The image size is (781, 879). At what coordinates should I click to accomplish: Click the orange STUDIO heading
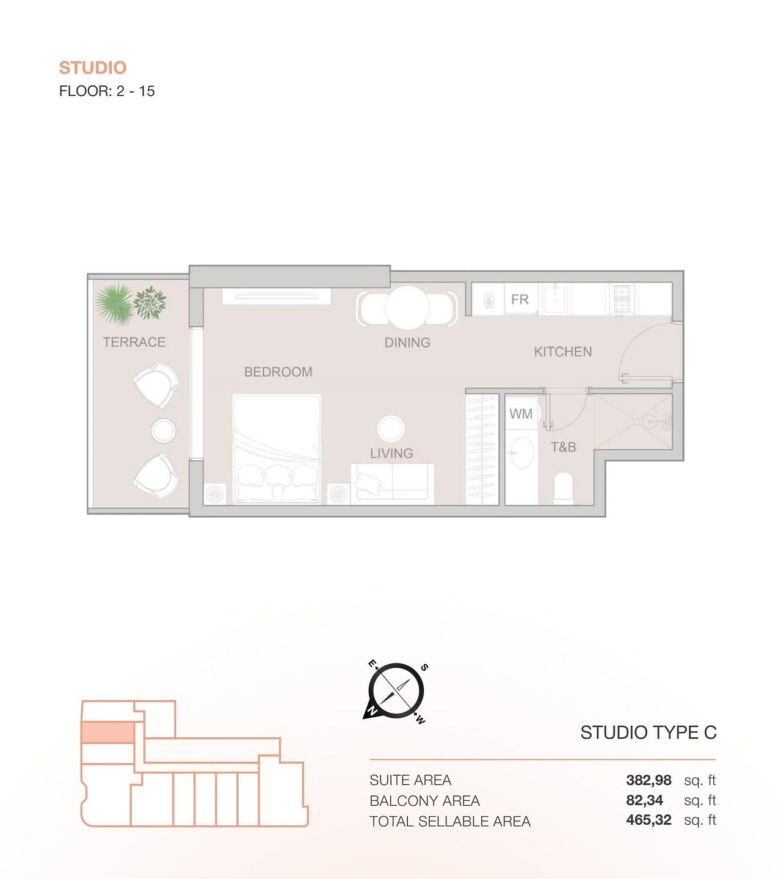pos(93,68)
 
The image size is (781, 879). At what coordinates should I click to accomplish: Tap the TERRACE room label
pos(134,342)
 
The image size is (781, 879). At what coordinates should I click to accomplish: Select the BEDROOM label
pos(278,372)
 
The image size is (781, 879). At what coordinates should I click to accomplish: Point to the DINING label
pos(407,342)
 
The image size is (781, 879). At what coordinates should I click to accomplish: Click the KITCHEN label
pos(563,352)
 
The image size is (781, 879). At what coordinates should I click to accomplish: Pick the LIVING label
pos(391,453)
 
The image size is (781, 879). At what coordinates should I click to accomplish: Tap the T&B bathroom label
pos(563,447)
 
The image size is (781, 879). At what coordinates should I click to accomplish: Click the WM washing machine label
pos(521,414)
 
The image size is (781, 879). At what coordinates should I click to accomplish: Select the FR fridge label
pos(520,299)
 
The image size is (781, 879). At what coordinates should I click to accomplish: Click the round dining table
pos(408,308)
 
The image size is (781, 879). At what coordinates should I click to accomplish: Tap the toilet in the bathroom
pos(562,488)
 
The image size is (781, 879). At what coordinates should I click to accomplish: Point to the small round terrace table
pos(163,430)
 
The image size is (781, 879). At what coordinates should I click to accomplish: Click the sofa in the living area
pos(393,484)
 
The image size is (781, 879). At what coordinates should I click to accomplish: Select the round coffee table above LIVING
pos(391,428)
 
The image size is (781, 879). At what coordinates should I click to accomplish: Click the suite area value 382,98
pos(648,780)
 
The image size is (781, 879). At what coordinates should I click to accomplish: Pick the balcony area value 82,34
pos(644,800)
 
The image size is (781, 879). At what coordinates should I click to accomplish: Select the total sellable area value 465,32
pos(648,820)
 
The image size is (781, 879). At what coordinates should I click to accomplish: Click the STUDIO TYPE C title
pos(648,733)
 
